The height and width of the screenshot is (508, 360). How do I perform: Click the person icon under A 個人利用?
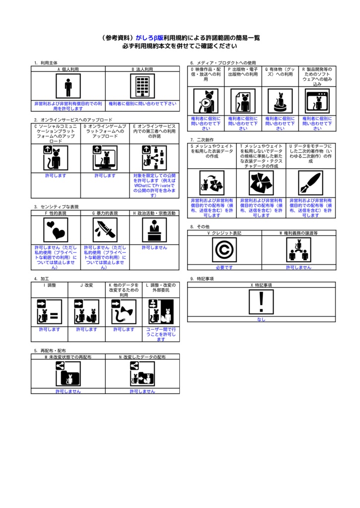(x=68, y=87)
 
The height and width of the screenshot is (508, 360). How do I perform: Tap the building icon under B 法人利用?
(x=143, y=87)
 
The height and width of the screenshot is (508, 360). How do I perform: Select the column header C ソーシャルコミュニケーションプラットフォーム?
(x=56, y=134)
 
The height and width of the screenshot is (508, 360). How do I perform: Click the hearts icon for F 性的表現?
(x=56, y=230)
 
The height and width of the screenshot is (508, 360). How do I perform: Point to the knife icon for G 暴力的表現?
(x=105, y=230)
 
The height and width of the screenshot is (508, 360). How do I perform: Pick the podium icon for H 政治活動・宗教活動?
(x=154, y=230)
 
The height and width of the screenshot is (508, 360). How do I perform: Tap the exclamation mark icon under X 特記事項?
(x=261, y=302)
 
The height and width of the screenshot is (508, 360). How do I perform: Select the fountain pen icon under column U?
(x=311, y=183)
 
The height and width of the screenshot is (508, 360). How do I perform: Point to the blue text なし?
(x=261, y=319)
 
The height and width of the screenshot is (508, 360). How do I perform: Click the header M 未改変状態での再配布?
(x=68, y=357)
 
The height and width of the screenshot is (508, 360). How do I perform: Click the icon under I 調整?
(x=50, y=312)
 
